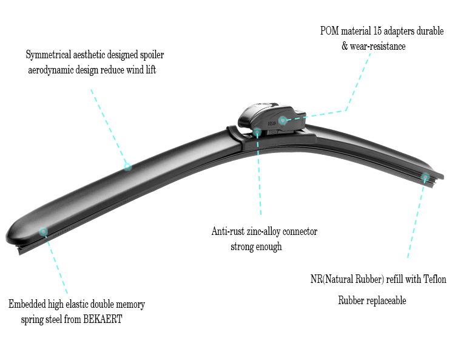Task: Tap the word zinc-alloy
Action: pyautogui.click(x=265, y=231)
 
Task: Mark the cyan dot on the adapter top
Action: pyautogui.click(x=283, y=120)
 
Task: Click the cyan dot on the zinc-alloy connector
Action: pyautogui.click(x=257, y=132)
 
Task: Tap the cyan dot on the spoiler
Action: pyautogui.click(x=127, y=166)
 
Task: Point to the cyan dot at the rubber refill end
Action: pyautogui.click(x=425, y=177)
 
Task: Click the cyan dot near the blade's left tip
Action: pyautogui.click(x=43, y=231)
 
